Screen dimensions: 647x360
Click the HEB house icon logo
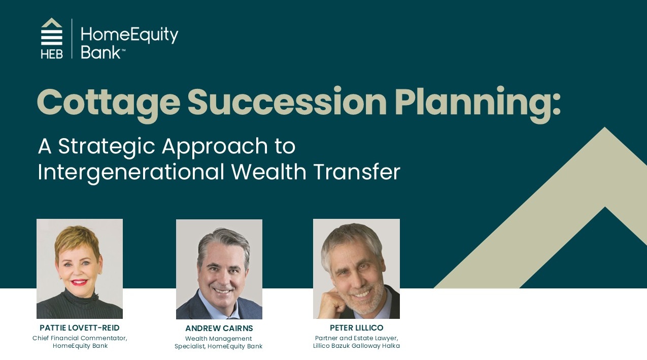[x=52, y=38]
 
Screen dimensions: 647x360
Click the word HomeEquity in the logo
[x=129, y=35]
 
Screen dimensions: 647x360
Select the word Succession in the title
[x=287, y=101]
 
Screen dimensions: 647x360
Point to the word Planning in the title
[x=478, y=104]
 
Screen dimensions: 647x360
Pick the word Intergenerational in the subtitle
[x=131, y=173]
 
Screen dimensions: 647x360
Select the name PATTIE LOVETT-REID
[x=80, y=328]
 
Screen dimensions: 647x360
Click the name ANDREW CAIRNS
[x=219, y=328]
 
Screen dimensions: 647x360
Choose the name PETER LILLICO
[x=356, y=328]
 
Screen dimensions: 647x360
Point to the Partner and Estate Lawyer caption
[x=356, y=338]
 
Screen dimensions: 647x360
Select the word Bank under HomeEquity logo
[x=100, y=53]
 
